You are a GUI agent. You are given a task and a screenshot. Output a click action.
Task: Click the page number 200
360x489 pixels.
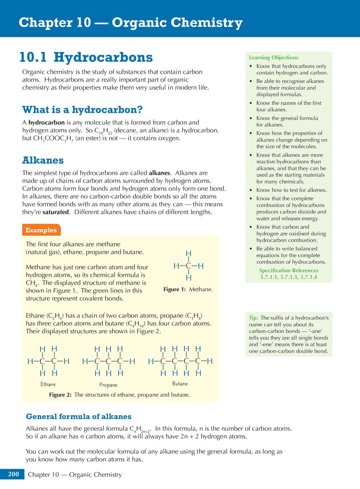[x=13, y=474]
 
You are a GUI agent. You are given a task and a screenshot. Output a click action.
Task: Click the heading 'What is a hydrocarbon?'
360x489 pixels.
[x=82, y=110]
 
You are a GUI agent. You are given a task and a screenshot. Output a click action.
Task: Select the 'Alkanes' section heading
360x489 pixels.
[x=43, y=160]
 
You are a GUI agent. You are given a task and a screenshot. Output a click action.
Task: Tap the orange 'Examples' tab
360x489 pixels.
[x=41, y=230]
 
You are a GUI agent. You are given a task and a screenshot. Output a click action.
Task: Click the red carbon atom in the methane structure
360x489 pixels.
[x=188, y=266]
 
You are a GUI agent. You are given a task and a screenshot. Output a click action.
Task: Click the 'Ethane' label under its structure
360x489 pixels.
[x=48, y=384]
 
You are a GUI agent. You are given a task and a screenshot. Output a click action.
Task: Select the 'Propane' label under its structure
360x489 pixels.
[x=108, y=385]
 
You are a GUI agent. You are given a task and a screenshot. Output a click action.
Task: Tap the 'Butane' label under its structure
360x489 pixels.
[x=180, y=384]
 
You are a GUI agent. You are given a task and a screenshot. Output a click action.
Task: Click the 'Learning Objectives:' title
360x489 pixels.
[x=274, y=58]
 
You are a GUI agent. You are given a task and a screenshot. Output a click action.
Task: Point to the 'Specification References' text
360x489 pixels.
[x=288, y=270]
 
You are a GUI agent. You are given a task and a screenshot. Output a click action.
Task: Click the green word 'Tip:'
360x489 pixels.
[x=253, y=318]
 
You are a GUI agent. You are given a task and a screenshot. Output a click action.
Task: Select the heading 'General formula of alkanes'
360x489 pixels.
[x=78, y=416]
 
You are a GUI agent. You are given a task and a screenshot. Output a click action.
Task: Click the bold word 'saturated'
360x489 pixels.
[x=56, y=212]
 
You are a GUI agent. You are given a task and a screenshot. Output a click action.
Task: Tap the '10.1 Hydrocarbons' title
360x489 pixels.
[x=86, y=58]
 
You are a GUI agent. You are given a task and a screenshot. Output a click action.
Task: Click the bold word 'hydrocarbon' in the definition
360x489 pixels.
[x=46, y=123]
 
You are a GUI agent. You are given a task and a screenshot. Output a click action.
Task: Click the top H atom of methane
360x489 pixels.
[x=188, y=254]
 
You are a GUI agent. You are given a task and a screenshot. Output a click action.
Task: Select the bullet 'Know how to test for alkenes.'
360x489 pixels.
[x=291, y=190]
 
